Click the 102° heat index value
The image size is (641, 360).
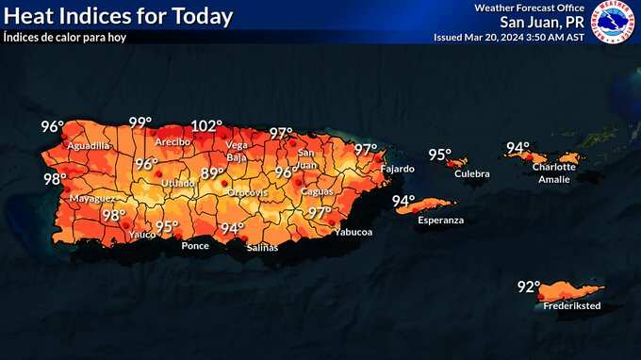point(206,125)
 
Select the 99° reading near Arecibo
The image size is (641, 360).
point(140,123)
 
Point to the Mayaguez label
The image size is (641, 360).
point(91,199)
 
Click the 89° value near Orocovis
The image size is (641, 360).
point(213,173)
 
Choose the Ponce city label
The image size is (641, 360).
point(195,246)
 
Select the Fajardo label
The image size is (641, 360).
point(396,169)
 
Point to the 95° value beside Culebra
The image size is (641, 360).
point(439,155)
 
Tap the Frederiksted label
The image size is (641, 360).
point(571,307)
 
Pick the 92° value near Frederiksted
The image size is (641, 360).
point(528,287)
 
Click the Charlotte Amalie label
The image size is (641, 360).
point(553,172)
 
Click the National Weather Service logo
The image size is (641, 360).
point(613,22)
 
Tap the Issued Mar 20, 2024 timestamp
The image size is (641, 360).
point(508,38)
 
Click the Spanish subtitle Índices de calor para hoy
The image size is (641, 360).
point(64,38)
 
